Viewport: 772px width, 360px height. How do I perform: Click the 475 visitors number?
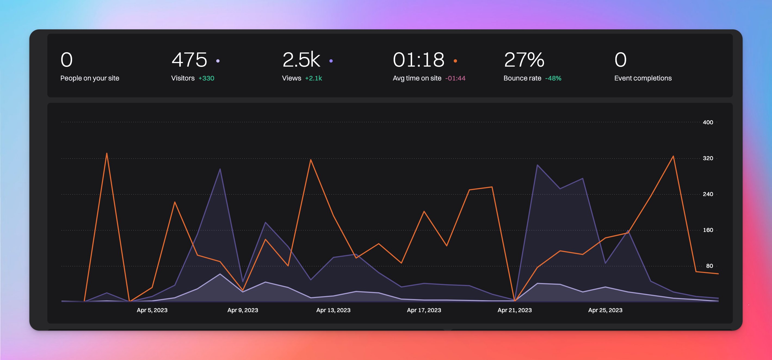(189, 60)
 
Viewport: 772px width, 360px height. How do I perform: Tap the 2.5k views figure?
(301, 60)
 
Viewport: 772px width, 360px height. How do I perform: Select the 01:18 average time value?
(419, 60)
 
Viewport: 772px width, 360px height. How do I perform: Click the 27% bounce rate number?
(524, 60)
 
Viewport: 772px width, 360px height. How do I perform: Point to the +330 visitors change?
(206, 78)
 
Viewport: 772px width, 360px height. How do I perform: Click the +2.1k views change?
(313, 78)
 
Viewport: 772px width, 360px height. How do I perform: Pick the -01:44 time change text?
(455, 78)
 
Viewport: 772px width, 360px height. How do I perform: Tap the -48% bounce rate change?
(553, 78)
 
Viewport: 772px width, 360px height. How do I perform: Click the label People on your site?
(89, 78)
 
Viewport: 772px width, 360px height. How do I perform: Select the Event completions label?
(643, 78)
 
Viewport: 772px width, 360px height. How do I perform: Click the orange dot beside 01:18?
(455, 61)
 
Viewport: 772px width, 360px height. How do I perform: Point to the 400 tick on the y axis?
(708, 122)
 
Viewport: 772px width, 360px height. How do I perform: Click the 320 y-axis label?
(708, 158)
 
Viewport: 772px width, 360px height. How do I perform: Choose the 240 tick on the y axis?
(708, 194)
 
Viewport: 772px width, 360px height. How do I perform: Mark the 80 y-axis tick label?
(709, 266)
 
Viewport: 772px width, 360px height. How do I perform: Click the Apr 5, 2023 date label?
(152, 310)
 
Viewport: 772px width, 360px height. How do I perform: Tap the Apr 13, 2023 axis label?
(333, 310)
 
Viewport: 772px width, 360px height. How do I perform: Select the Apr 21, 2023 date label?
(515, 310)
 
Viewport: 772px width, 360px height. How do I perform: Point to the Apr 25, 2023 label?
(605, 310)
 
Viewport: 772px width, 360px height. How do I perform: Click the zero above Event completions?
(620, 60)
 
